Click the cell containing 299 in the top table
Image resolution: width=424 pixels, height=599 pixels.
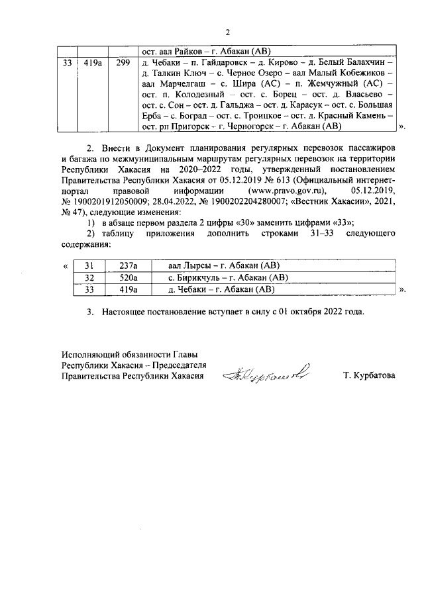point(123,64)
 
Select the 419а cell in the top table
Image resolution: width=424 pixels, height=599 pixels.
point(93,64)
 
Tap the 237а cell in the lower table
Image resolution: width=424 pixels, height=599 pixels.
point(127,265)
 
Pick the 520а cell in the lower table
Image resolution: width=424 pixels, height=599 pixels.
point(127,277)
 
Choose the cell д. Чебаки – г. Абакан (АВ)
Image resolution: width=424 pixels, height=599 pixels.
point(221,289)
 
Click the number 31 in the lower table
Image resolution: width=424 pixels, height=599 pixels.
point(89,265)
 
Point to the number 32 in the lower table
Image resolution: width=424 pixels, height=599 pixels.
point(89,277)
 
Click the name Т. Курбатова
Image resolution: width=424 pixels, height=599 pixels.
point(369,375)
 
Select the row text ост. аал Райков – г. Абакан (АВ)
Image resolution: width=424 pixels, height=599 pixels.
point(203,51)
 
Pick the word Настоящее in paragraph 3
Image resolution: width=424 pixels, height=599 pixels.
point(125,311)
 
